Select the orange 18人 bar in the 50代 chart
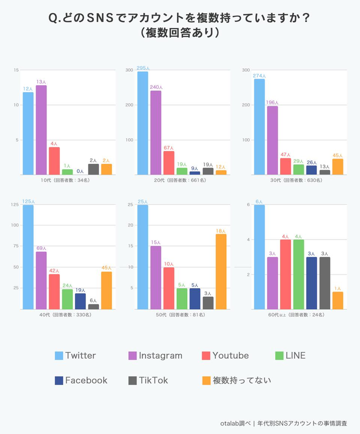pyautogui.click(x=220, y=272)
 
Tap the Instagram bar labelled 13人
pyautogui.click(x=41, y=130)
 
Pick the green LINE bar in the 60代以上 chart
pyautogui.click(x=298, y=274)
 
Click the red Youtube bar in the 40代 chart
pyautogui.click(x=54, y=292)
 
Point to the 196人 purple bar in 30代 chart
pyautogui.click(x=272, y=140)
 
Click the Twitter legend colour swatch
pyautogui.click(x=59, y=356)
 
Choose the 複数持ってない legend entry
pyautogui.click(x=242, y=380)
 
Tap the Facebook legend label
pyautogui.click(x=86, y=380)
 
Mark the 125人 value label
pyautogui.click(x=27, y=202)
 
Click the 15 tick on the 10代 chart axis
pyautogui.click(x=16, y=70)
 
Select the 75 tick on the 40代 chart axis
pyautogui.click(x=15, y=246)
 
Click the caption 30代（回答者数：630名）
pyautogui.click(x=293, y=180)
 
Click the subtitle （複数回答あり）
pyautogui.click(x=179, y=33)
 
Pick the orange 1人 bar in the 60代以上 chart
pyautogui.click(x=337, y=300)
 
